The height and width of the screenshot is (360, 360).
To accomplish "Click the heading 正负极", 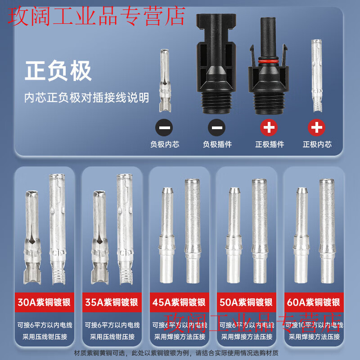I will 58,71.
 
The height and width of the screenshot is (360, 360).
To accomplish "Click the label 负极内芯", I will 164,144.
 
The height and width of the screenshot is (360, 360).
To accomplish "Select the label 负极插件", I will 217,144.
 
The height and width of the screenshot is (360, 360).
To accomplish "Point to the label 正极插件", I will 270,144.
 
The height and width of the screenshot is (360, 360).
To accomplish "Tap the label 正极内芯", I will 317,144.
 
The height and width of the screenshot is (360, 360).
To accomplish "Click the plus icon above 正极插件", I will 269,128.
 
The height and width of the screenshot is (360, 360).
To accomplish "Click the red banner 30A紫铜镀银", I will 45,302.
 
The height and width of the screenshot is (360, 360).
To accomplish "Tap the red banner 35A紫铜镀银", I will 112,302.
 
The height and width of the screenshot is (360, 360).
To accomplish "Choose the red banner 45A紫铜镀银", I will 179,302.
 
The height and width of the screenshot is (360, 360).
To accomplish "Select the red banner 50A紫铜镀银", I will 247,302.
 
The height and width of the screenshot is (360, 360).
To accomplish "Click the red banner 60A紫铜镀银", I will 314,302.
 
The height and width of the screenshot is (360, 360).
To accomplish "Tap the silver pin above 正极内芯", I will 317,76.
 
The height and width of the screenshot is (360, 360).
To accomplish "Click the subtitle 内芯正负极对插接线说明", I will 86,98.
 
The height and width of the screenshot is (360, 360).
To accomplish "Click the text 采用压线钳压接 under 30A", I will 45,337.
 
